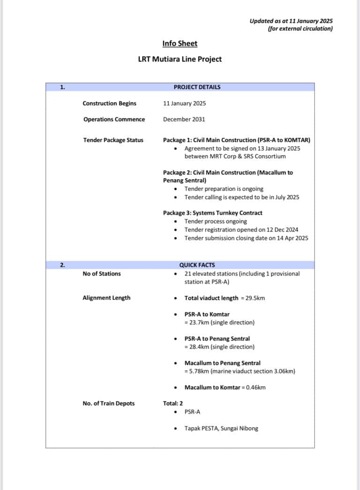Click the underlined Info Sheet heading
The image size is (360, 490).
180,44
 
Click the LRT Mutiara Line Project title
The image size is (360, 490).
180,59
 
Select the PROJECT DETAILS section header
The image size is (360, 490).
197,87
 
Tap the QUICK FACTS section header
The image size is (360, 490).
197,265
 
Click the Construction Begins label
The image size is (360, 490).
109,104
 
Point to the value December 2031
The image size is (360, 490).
184,119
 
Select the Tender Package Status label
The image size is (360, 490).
113,140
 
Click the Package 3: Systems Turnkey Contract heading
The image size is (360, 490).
213,213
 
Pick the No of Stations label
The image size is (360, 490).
102,274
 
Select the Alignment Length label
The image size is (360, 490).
106,298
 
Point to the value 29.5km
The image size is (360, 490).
255,298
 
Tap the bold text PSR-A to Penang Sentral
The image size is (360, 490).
217,339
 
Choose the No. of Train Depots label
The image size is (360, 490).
109,403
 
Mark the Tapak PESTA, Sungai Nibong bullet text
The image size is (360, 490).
221,428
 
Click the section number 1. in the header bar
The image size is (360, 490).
62,87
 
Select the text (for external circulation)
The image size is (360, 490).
300,29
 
